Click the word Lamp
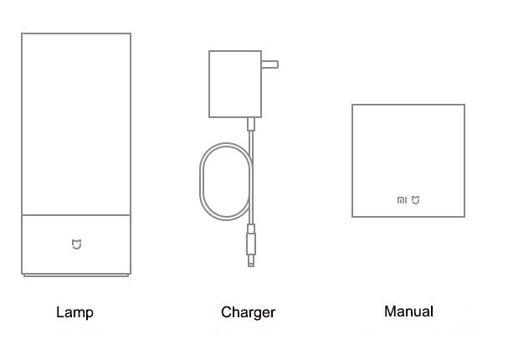click(74, 312)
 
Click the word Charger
click(249, 312)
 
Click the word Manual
click(408, 311)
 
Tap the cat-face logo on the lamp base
click(76, 244)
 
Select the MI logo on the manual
click(402, 200)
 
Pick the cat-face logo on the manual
click(416, 200)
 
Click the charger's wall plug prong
click(269, 64)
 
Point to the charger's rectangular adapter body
click(235, 84)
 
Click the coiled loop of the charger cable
click(200, 182)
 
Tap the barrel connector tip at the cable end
click(251, 261)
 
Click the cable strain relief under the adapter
click(251, 124)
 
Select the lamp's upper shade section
click(76, 124)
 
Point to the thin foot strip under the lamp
click(76, 275)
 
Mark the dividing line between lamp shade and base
click(76, 215)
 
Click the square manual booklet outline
click(352, 161)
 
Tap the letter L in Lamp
click(60, 312)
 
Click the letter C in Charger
click(227, 312)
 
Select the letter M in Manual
click(390, 311)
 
